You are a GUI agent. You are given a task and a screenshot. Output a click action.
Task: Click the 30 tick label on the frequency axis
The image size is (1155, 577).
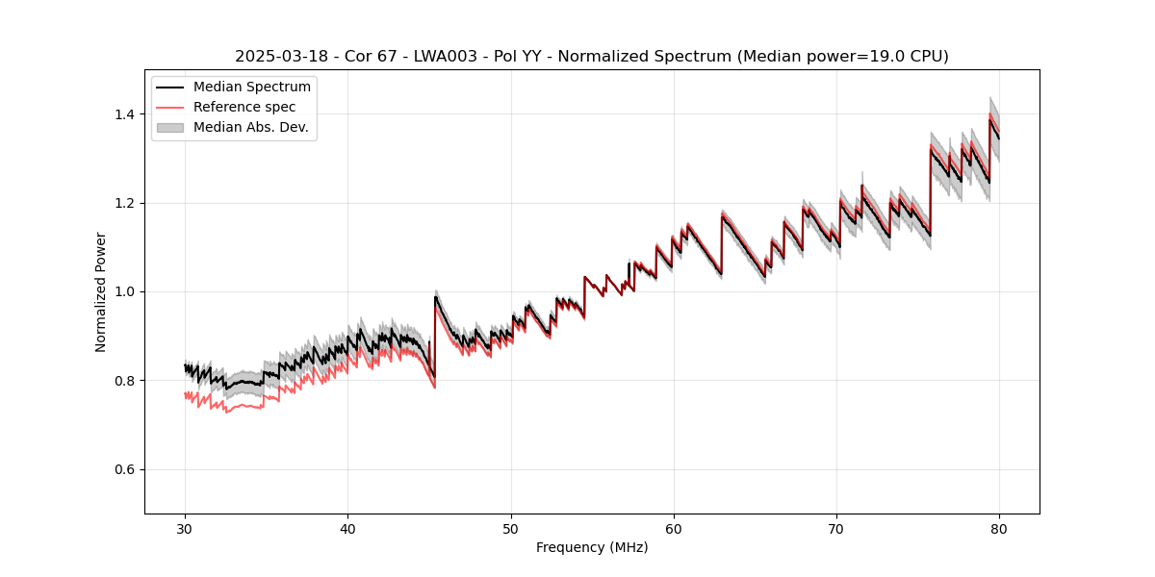[x=185, y=528]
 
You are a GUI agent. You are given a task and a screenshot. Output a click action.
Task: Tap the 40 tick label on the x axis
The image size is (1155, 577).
[x=347, y=528]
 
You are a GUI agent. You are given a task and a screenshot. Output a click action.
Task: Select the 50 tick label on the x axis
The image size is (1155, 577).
[x=511, y=528]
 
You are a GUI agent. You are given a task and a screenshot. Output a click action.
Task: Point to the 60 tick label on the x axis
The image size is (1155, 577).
[x=674, y=528]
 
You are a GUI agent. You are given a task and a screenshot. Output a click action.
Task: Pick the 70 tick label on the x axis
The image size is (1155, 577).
[x=836, y=528]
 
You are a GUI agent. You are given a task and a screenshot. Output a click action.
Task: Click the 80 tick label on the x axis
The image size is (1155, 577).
[x=999, y=528]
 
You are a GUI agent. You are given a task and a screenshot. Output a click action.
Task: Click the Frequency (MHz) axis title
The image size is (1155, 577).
[x=592, y=547]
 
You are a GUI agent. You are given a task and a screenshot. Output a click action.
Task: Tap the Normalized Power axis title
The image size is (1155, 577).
[x=100, y=291]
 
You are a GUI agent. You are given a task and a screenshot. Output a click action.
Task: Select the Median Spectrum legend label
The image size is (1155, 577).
[x=251, y=88]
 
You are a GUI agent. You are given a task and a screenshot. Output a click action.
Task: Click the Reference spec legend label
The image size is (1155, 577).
[x=244, y=107]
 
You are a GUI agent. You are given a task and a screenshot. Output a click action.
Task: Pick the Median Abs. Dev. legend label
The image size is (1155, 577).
[x=250, y=127]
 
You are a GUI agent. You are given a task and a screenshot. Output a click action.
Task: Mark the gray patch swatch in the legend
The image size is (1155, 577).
[x=173, y=127]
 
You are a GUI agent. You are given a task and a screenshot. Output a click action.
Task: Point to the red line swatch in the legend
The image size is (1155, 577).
[x=173, y=107]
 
